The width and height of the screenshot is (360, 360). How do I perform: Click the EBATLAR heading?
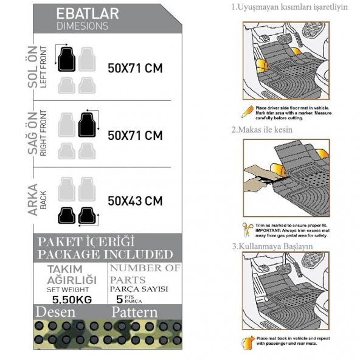(x=87, y=13)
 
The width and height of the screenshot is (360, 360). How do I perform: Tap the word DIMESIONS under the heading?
(x=82, y=26)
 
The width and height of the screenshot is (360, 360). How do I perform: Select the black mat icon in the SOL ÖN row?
(x=66, y=58)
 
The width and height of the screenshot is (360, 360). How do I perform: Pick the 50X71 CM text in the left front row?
(x=135, y=68)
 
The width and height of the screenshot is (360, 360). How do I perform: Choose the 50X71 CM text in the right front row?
(x=135, y=135)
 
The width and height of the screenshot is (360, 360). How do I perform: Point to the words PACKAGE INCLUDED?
(x=105, y=254)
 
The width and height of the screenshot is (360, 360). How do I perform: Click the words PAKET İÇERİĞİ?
(x=86, y=241)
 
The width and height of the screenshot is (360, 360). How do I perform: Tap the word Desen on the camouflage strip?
(x=56, y=313)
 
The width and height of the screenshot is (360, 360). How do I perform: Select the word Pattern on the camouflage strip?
(x=134, y=313)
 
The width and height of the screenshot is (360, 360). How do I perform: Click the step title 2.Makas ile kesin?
(x=262, y=130)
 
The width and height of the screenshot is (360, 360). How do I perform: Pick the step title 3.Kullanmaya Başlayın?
(x=272, y=246)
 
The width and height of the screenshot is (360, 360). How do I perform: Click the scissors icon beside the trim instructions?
(x=247, y=229)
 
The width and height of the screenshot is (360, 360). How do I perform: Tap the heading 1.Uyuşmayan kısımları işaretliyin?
(x=289, y=8)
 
